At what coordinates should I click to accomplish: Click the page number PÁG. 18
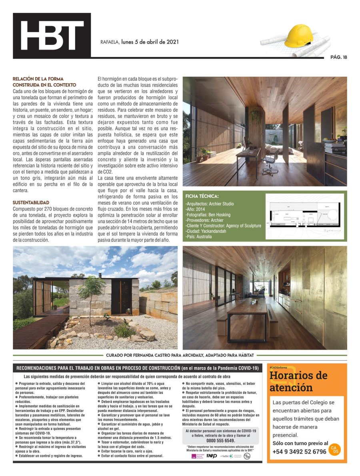click(x=338, y=57)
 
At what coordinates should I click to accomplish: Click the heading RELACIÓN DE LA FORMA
click(x=38, y=79)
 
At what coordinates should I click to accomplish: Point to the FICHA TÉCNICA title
click(x=202, y=196)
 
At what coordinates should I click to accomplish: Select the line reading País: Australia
click(x=199, y=237)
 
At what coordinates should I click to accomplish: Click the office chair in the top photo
click(x=270, y=160)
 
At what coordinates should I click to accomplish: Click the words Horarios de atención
click(x=298, y=382)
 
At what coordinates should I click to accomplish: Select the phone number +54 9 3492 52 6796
click(x=299, y=452)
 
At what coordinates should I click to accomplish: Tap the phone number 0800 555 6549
click(x=221, y=440)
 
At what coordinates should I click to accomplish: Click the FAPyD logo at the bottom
click(x=212, y=456)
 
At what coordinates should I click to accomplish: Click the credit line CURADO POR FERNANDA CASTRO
click(x=180, y=355)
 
